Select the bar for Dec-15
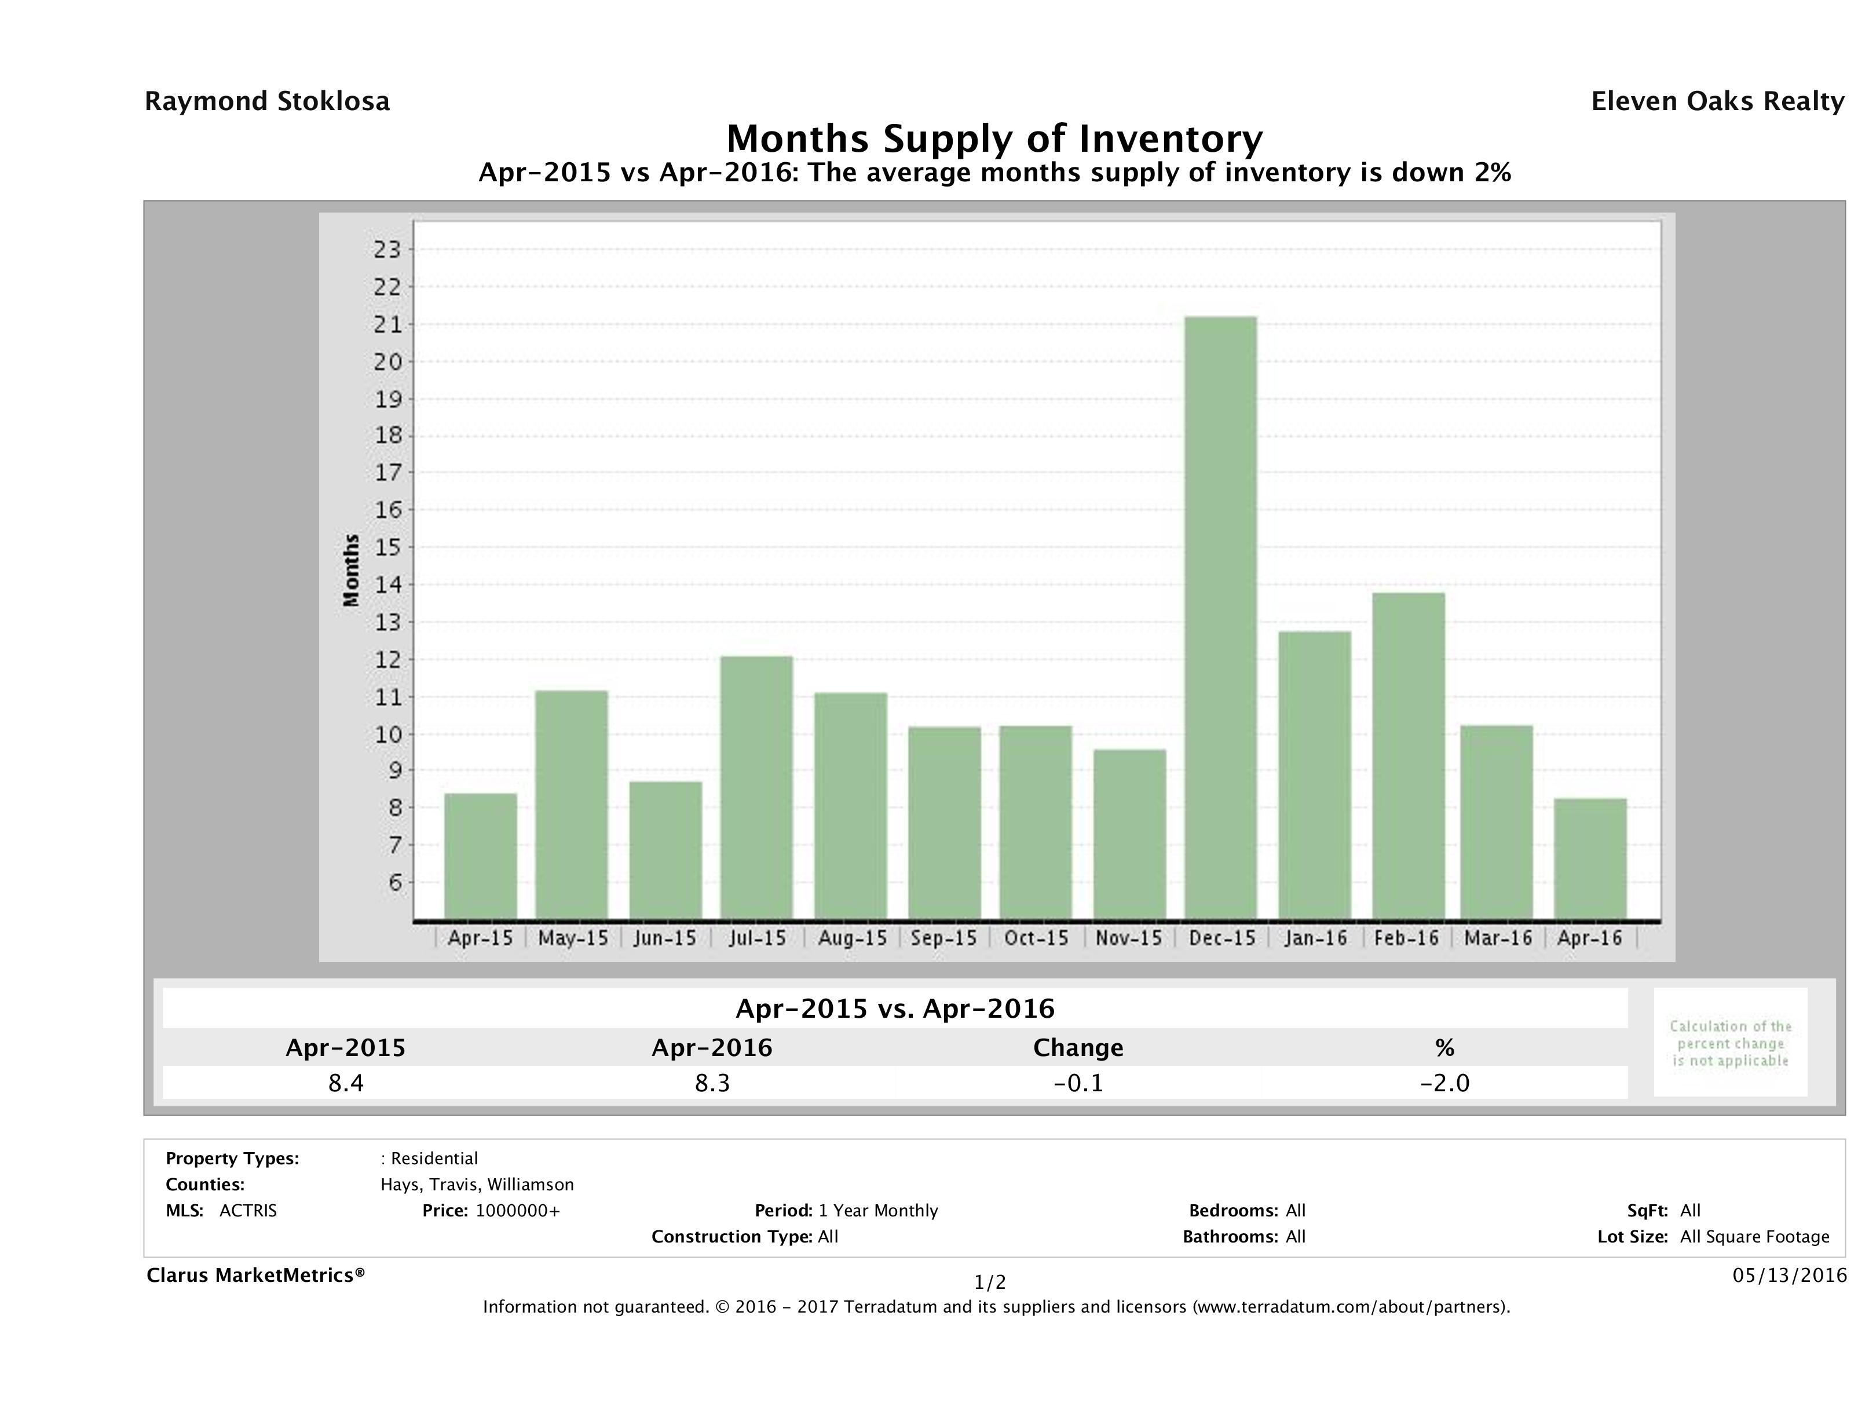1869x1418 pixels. [1220, 617]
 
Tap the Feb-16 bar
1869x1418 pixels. [1409, 756]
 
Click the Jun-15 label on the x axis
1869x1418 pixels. [665, 938]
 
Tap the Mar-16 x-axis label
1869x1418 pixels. [1498, 938]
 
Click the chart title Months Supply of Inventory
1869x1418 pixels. [994, 138]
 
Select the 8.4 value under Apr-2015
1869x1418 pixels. [346, 1083]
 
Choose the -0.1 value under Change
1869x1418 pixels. [1078, 1083]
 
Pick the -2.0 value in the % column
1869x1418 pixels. [1444, 1083]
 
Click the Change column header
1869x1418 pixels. [1078, 1048]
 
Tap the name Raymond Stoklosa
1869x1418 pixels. [267, 101]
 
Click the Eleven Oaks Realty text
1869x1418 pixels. [1717, 101]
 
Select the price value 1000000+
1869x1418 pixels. [517, 1211]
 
